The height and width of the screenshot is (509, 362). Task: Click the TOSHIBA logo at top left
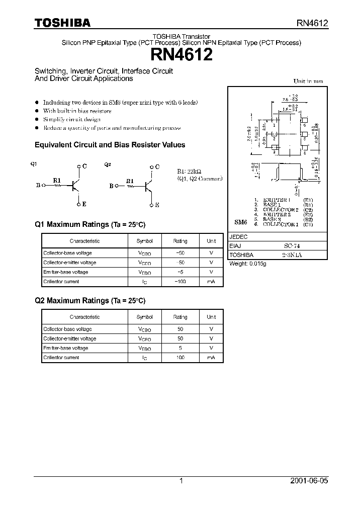62,23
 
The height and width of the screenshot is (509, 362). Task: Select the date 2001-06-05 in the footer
309,481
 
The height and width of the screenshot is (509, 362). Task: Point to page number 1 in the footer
181,481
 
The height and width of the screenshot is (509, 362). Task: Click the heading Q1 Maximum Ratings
90,225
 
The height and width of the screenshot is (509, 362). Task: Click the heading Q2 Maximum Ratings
90,301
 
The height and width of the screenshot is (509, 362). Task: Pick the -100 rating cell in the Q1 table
180,282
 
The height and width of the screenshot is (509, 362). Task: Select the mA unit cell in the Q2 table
211,358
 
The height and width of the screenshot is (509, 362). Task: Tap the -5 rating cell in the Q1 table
180,272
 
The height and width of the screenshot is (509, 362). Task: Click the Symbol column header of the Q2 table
145,317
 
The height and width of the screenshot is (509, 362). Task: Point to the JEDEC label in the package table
238,237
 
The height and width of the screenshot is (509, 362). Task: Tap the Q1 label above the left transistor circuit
34,164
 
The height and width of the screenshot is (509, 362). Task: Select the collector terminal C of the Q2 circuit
157,167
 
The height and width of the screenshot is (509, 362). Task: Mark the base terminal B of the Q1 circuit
38,185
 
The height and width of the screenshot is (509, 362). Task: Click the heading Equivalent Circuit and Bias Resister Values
110,145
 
